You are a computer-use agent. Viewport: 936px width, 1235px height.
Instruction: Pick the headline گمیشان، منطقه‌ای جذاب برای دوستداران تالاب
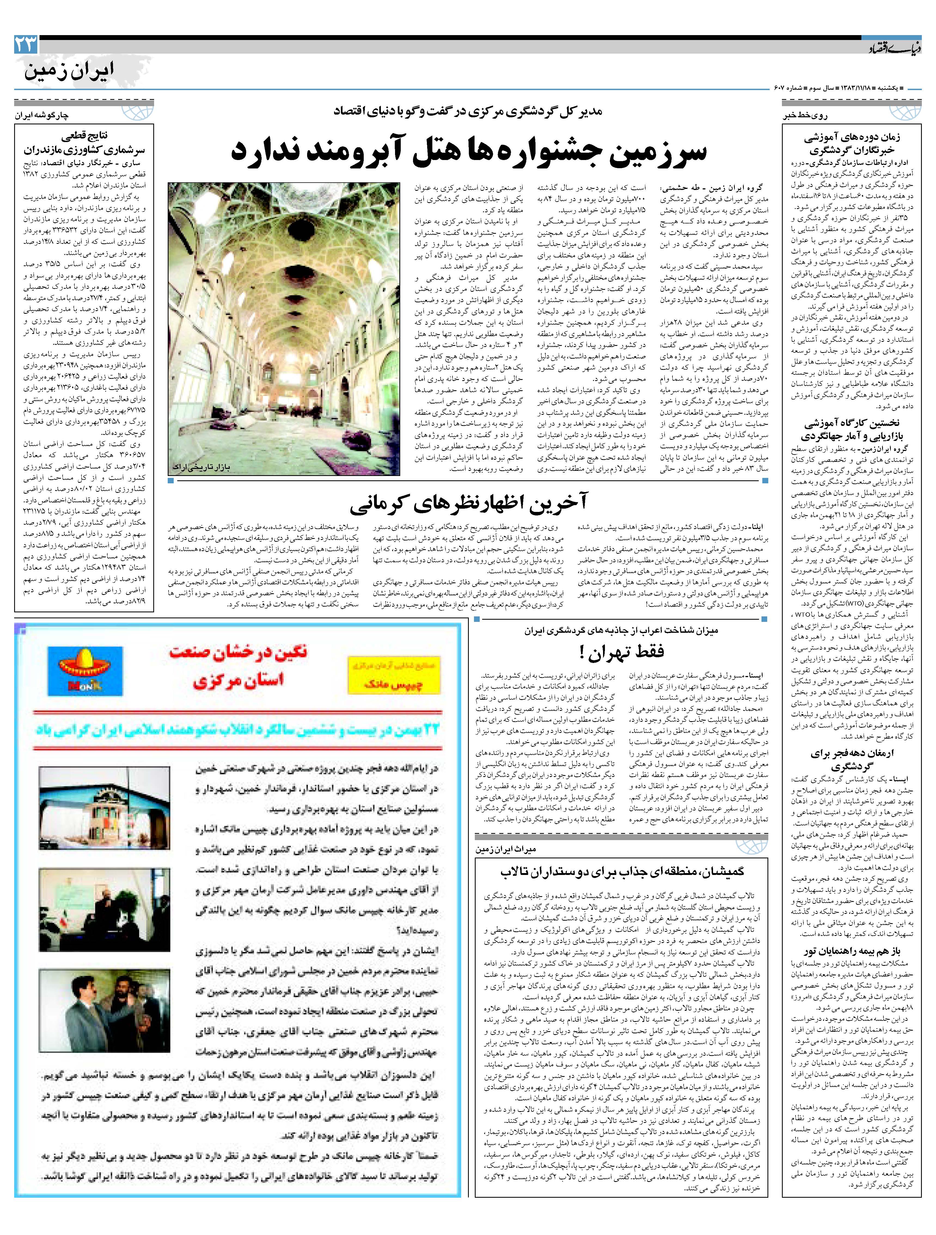pyautogui.click(x=622, y=871)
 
